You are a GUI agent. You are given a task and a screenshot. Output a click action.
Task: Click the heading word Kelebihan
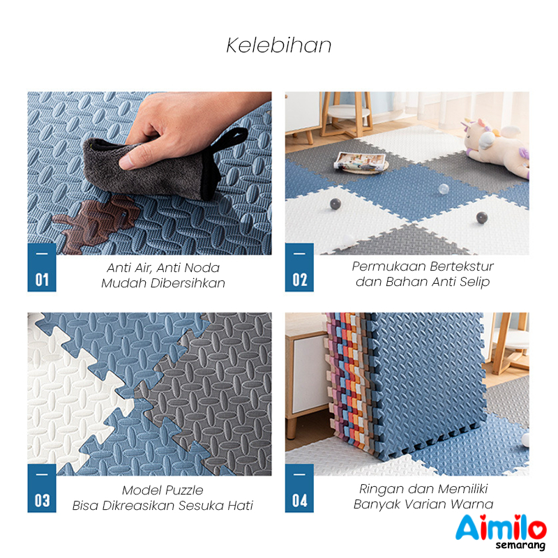[278, 45]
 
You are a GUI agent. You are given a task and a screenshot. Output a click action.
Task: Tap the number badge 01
[42, 267]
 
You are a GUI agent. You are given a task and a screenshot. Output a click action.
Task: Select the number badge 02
[299, 267]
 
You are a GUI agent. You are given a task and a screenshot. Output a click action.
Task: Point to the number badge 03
[42, 488]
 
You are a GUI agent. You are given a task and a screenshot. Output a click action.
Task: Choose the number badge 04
[299, 488]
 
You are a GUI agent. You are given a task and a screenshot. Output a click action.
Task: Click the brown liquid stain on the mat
[97, 222]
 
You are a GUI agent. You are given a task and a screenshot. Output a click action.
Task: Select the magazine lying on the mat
[360, 162]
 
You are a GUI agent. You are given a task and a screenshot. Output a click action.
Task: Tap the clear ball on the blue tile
[443, 189]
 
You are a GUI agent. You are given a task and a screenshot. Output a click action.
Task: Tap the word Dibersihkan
[188, 283]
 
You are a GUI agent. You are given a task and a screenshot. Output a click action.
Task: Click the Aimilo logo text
[501, 527]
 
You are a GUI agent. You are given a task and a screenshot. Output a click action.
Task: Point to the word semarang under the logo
[520, 545]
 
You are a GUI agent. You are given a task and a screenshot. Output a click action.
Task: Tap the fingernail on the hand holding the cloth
[126, 163]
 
